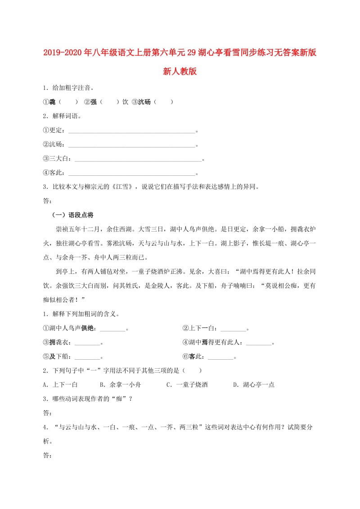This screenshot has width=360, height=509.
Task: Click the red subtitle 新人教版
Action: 180,71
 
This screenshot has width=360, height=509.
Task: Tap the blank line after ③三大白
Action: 138,159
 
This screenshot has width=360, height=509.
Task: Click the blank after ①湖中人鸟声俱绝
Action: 112,329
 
